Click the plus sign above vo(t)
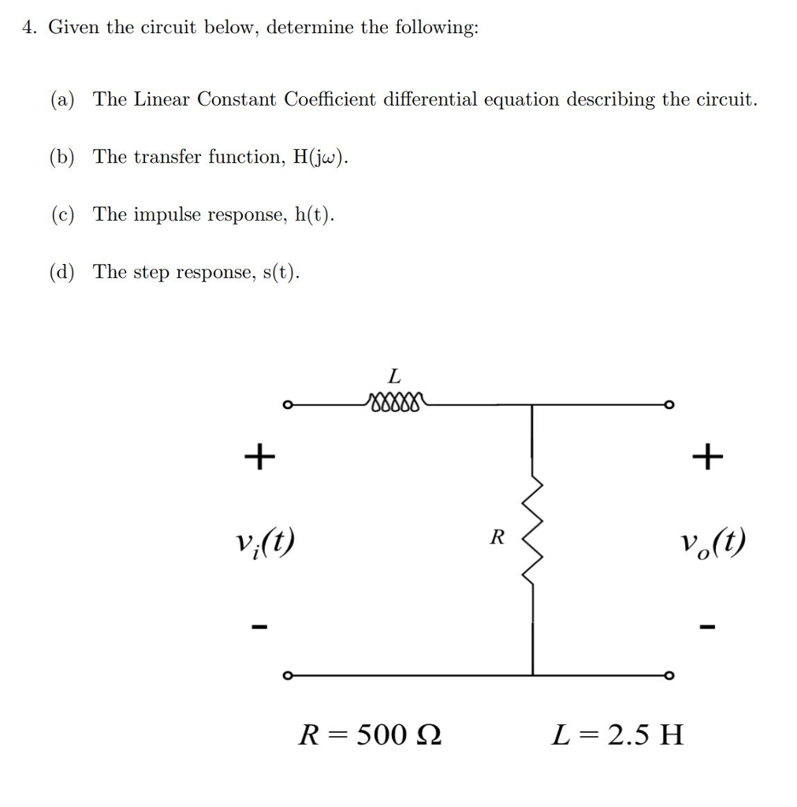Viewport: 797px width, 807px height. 706,456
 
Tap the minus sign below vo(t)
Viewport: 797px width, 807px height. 706,627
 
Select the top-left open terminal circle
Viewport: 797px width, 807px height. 289,405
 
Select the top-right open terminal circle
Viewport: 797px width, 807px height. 669,405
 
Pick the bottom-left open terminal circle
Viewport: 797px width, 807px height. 289,675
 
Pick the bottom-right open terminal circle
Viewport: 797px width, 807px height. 669,675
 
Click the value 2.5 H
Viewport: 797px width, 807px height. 640,735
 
